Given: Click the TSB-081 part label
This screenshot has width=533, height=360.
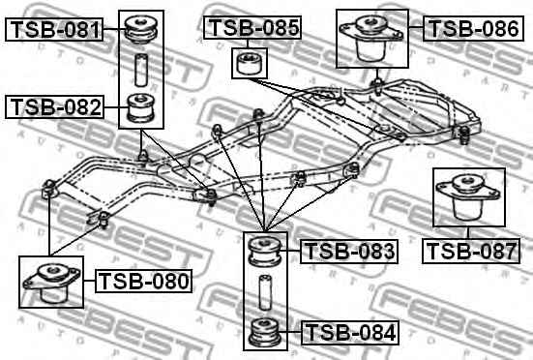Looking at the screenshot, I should pos(55,30).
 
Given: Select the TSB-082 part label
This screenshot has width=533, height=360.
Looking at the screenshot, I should pos(55,106).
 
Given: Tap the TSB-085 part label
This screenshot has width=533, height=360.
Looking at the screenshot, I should pos(252,28).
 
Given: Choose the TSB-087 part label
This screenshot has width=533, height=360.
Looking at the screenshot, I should pos(471,252).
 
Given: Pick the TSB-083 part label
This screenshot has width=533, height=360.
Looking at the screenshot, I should pos(349,253).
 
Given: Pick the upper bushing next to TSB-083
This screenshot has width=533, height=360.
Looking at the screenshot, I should pos(264,252).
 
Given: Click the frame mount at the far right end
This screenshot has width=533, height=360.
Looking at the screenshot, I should pos(462,133).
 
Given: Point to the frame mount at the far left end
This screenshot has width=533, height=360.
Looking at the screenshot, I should pos(50,190).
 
